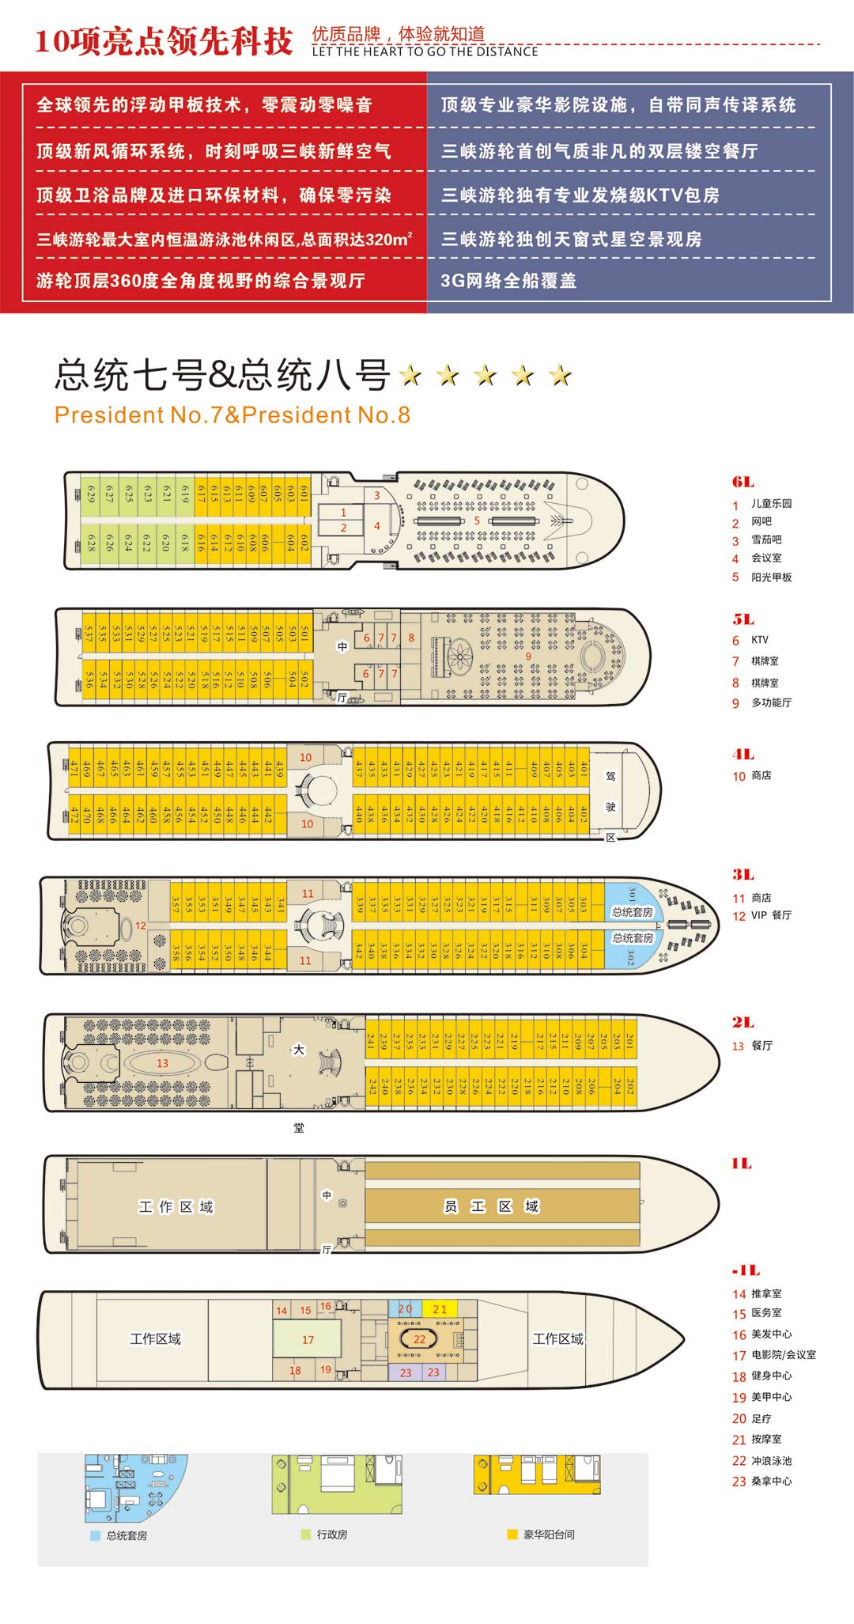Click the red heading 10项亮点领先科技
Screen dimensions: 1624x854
[164, 41]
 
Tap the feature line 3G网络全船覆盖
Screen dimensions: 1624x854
[508, 281]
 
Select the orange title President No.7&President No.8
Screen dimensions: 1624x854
[232, 415]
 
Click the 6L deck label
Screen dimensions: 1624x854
[743, 482]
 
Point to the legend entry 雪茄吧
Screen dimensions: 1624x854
[766, 539]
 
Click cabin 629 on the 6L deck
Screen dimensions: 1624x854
[91, 494]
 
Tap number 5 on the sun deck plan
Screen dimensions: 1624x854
[477, 521]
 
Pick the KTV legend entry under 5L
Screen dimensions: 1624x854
[759, 640]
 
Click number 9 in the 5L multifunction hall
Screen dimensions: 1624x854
[528, 656]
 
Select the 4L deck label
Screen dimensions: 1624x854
[743, 754]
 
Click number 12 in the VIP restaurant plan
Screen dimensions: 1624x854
[141, 926]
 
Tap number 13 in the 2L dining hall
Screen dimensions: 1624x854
[162, 1063]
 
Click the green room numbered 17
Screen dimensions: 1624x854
[308, 1340]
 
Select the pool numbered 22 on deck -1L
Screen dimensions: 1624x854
[419, 1339]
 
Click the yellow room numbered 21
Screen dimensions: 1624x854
[440, 1309]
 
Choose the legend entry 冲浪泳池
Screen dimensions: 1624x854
[771, 1461]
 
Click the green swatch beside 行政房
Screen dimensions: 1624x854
[305, 1535]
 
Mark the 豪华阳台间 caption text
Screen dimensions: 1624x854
[549, 1535]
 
